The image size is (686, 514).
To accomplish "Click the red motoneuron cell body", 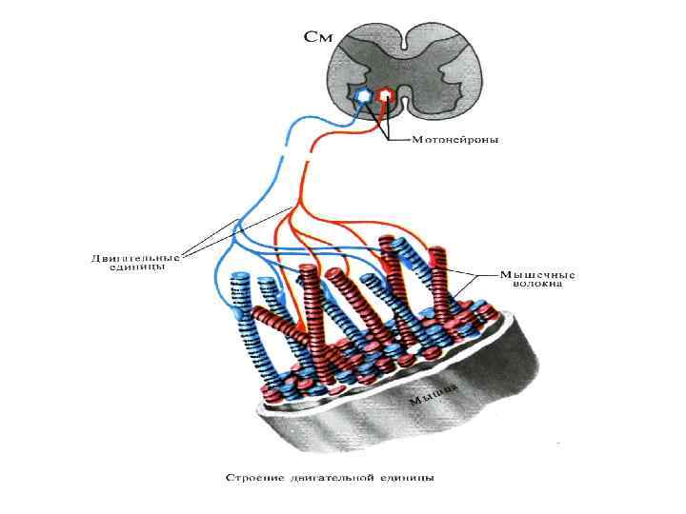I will pos(385,95).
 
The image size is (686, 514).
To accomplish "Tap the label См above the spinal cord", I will pos(318,38).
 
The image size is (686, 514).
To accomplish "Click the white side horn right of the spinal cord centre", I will pos(448,71).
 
